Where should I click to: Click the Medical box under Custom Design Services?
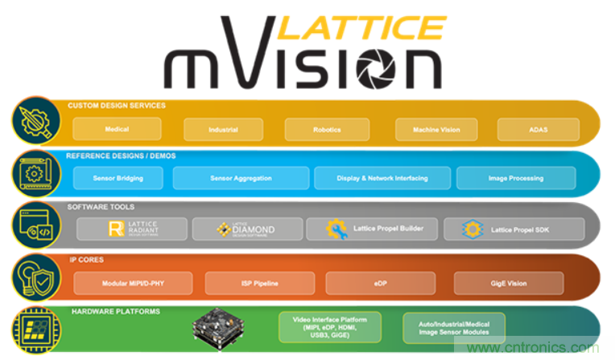[x=117, y=129]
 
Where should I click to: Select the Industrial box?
[x=223, y=130]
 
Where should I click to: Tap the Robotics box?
[x=327, y=130]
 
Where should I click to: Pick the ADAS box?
[x=538, y=130]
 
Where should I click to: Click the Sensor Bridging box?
[x=118, y=178]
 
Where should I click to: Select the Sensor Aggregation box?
[x=241, y=178]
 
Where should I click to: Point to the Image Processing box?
[x=515, y=178]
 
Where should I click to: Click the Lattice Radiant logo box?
[x=132, y=229]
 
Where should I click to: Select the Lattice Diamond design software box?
[x=246, y=229]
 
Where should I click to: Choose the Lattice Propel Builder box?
[x=372, y=229]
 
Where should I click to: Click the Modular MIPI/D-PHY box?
[x=134, y=283]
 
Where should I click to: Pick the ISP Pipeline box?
[x=260, y=283]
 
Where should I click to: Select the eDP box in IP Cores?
[x=380, y=283]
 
